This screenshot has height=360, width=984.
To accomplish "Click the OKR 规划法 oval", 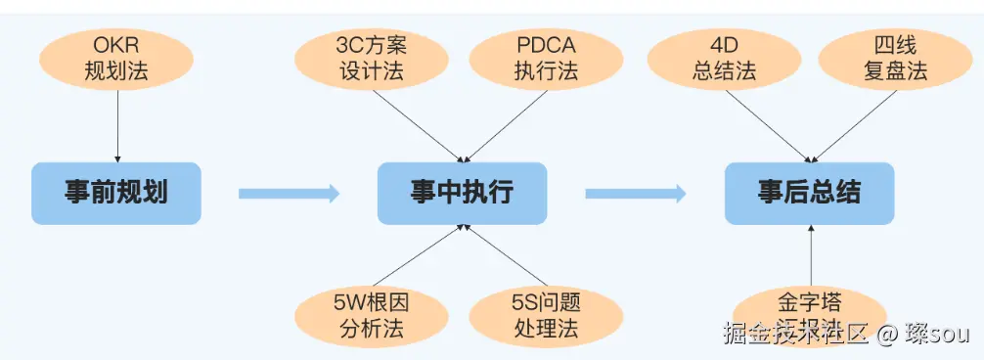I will (x=117, y=59).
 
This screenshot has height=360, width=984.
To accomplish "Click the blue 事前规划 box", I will (x=116, y=193).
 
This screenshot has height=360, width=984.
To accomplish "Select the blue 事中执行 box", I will (x=462, y=193).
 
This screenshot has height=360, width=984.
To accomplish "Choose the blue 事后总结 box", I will (x=809, y=193).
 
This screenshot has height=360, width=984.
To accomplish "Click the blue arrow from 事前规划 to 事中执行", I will (x=289, y=194).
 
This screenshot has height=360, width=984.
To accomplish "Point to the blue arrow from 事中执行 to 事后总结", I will (x=636, y=194).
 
